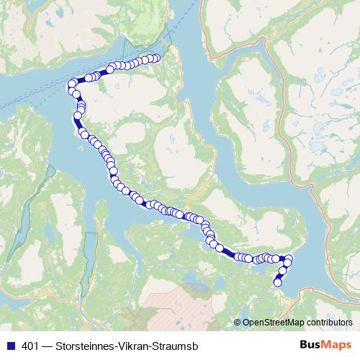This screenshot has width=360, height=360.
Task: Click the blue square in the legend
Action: tap(9, 345)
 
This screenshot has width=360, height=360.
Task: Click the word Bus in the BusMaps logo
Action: tap(311, 344)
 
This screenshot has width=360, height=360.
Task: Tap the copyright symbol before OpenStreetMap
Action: tap(238, 322)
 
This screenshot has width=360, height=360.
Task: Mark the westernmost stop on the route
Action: tap(71, 85)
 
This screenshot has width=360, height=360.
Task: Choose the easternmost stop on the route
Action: tap(289, 258)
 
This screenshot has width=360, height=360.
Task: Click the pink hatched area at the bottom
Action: tap(173, 302)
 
